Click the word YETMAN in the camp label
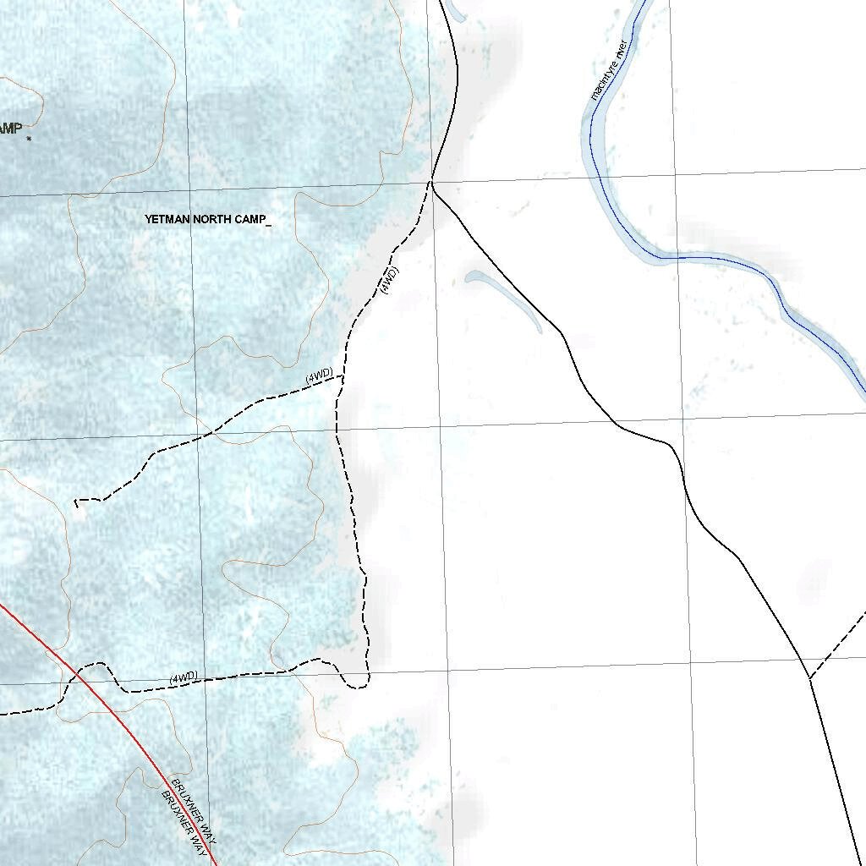(x=167, y=219)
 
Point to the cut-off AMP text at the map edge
(x=10, y=129)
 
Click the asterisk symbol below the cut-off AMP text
(x=29, y=138)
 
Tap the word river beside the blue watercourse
(x=625, y=47)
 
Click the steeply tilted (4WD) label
(x=388, y=279)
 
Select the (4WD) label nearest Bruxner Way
(x=183, y=678)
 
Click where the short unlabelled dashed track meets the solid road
(x=809, y=677)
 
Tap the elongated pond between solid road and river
(x=506, y=299)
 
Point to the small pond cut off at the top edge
(x=453, y=12)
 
